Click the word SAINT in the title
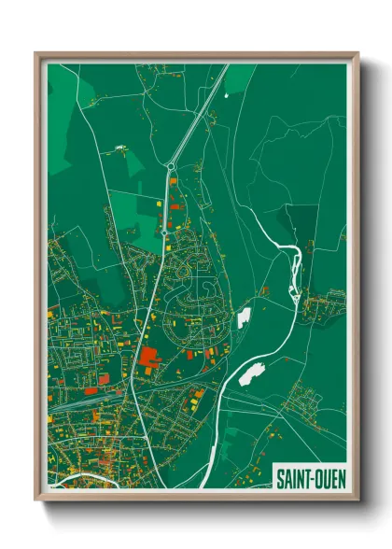[292, 479]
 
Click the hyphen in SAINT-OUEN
[309, 479]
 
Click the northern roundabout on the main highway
[170, 167]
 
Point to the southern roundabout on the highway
[163, 227]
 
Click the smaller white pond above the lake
[244, 318]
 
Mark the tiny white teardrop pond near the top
[120, 148]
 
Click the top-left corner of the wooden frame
[37, 55]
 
